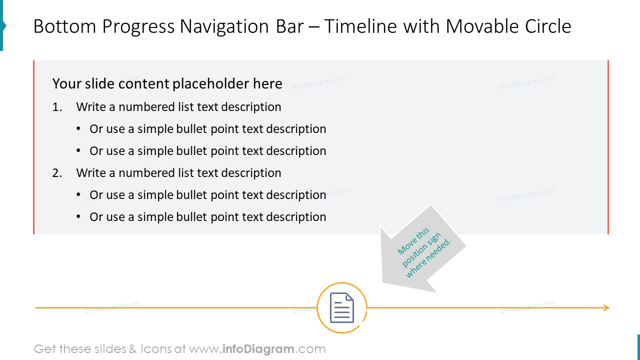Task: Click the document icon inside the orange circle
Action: [342, 307]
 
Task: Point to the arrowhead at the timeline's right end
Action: [606, 308]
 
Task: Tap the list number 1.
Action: [57, 107]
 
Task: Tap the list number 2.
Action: [57, 173]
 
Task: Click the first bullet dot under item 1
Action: [78, 129]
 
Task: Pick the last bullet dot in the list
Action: [78, 217]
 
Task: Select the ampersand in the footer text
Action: [132, 349]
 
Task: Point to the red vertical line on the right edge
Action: [608, 147]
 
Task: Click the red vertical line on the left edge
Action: [33, 147]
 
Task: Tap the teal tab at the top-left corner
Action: [2, 25]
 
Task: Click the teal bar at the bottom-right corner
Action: [638, 347]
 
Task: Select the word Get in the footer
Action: [44, 349]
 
